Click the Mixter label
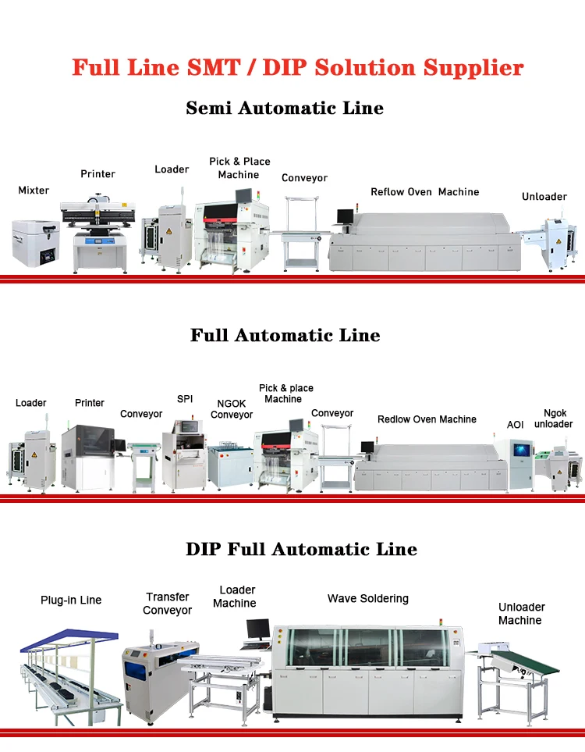click(x=34, y=190)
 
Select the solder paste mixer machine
click(x=36, y=243)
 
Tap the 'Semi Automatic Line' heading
click(x=285, y=108)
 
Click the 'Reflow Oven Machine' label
click(x=424, y=191)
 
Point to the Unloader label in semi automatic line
click(x=544, y=196)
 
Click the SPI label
click(x=185, y=398)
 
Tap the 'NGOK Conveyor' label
click(x=232, y=409)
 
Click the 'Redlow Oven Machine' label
click(x=427, y=419)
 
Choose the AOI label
click(x=516, y=424)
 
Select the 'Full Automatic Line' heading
click(x=285, y=335)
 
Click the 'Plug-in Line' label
click(x=71, y=600)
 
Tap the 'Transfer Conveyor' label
click(x=168, y=603)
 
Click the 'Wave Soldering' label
click(x=367, y=598)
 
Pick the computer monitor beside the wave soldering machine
click(x=257, y=630)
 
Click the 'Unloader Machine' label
click(x=521, y=613)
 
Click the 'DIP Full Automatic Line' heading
click(x=301, y=548)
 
